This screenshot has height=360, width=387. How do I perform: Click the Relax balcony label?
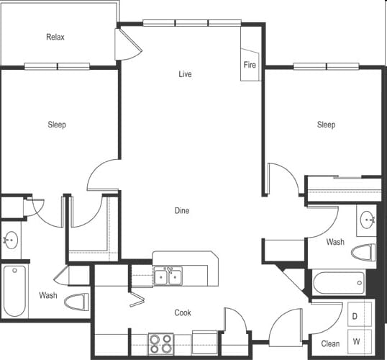55,37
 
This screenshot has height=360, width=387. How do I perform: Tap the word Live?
185,74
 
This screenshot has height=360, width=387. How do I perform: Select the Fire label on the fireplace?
250,65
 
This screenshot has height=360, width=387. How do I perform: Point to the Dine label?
182,210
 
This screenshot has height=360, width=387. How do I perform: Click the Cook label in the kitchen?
183,312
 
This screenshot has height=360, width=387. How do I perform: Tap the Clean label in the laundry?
330,343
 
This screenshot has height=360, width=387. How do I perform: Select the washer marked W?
360,341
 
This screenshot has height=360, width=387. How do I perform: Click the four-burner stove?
161,344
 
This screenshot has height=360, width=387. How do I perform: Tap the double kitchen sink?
168,276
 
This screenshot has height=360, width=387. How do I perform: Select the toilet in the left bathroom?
77,302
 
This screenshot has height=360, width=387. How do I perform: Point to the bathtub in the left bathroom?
15,291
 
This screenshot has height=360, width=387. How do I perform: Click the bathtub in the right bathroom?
339,283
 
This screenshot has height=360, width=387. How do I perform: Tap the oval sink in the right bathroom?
368,220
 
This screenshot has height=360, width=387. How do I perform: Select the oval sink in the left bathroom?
11,240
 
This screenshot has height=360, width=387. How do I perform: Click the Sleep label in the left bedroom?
57,125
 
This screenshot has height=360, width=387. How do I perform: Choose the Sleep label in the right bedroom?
326,125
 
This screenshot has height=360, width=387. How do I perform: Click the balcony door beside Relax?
128,45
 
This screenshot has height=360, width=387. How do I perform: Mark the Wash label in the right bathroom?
335,242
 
